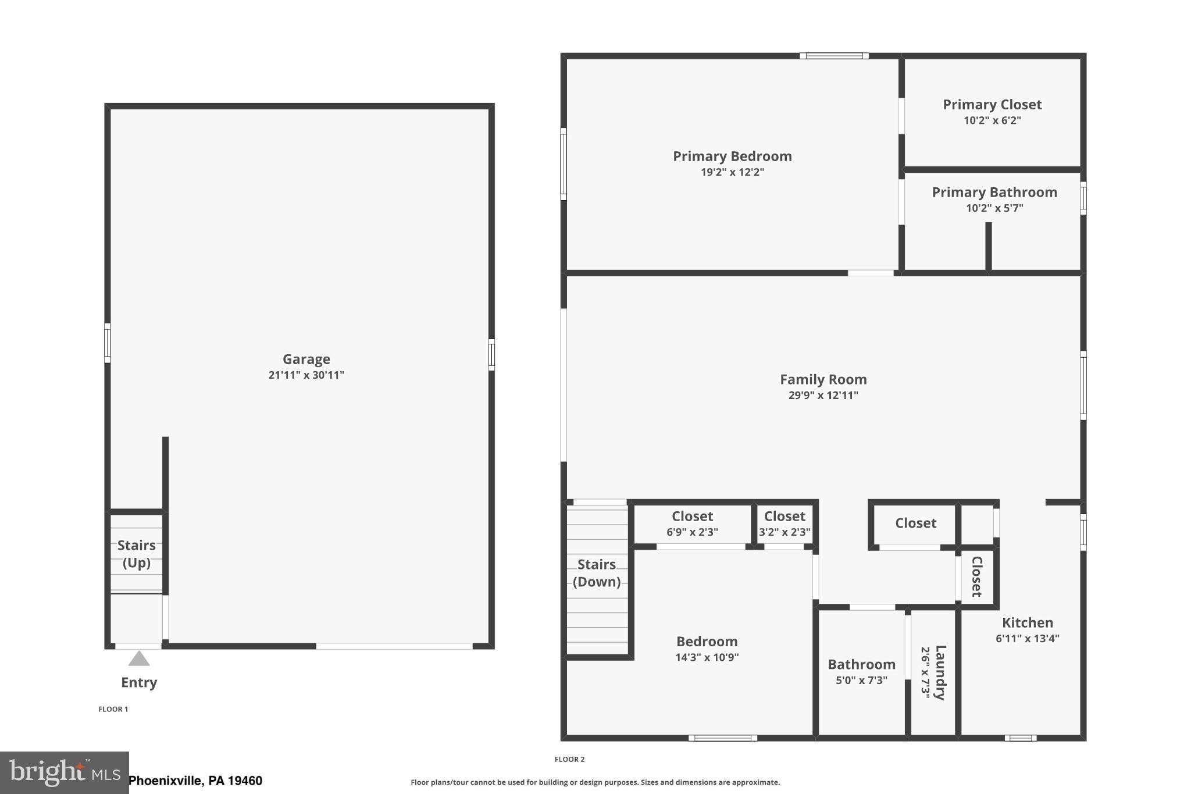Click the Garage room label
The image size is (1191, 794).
(x=306, y=359)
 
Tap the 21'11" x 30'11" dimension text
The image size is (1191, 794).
(x=306, y=375)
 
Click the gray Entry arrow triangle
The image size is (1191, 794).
(x=139, y=659)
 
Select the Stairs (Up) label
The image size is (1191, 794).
(x=137, y=554)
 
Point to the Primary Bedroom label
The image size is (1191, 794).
(x=732, y=156)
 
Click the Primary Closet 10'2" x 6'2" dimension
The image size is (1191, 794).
(x=992, y=120)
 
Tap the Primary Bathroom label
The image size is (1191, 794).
(x=994, y=193)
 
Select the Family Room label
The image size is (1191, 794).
(x=823, y=379)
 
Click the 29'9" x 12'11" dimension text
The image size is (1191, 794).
(x=823, y=396)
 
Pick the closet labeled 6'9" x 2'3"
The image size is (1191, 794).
(x=692, y=524)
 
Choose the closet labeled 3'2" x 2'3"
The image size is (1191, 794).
(x=785, y=524)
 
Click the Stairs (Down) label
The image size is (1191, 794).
(x=597, y=573)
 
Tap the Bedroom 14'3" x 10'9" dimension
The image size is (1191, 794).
(x=707, y=657)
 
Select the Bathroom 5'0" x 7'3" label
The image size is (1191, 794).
(x=861, y=672)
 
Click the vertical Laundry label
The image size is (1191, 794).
(x=940, y=672)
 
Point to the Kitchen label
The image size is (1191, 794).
(x=1027, y=622)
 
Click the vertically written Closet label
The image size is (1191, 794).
(x=977, y=576)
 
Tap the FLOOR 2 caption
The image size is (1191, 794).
(x=569, y=759)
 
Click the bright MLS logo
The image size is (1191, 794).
(x=64, y=772)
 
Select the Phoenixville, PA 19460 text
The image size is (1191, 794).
(x=195, y=781)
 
